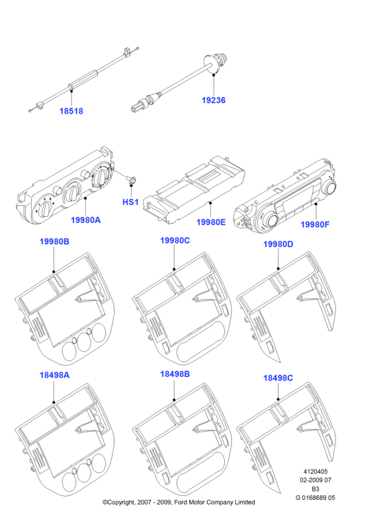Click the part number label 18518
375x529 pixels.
coord(71,111)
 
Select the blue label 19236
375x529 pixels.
coord(214,101)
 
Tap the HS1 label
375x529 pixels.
coord(130,202)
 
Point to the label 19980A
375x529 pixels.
coord(86,220)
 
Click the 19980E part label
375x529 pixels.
coord(211,222)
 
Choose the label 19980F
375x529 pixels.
coord(315,224)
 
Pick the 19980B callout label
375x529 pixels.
coord(54,241)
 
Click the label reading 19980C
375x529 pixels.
coord(175,241)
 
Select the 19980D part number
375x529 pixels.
coord(278,244)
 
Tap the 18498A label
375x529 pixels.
coord(54,375)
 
